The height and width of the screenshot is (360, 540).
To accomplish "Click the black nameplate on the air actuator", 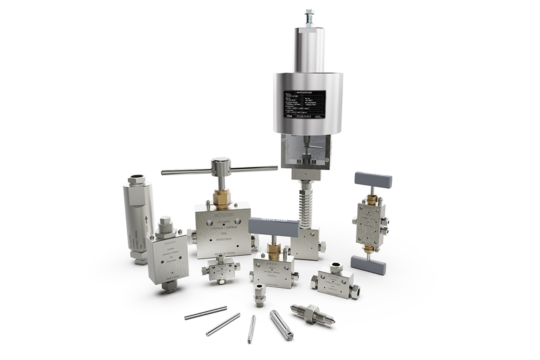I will click(x=304, y=104).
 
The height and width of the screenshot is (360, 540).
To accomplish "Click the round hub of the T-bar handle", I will click(x=220, y=165).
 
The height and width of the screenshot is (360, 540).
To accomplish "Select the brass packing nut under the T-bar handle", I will click(x=220, y=199).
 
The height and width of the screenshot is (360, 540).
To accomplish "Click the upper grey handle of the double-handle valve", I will click(x=373, y=179).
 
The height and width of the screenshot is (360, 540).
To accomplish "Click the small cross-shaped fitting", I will click(x=220, y=270).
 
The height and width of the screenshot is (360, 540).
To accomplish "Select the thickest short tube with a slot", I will click(x=281, y=325).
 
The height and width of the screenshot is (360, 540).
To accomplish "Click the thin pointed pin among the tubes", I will click(x=251, y=329).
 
